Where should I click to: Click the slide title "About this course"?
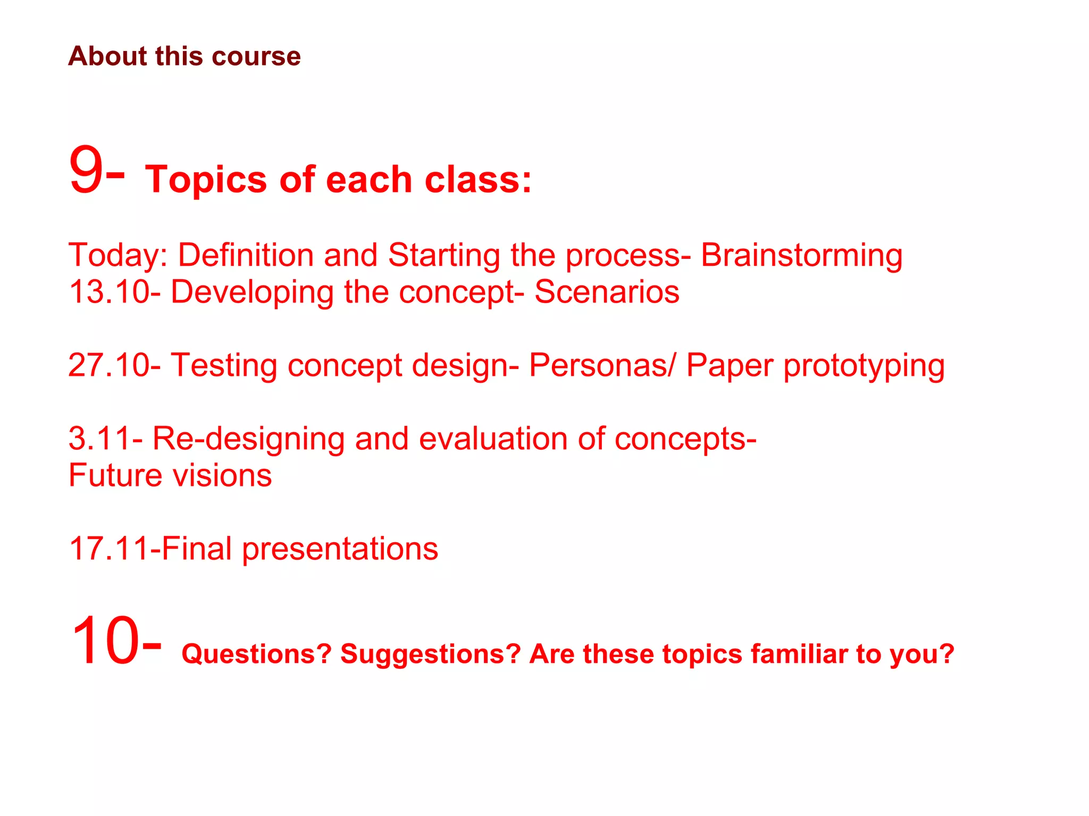coord(184,56)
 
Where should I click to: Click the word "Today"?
coord(114,255)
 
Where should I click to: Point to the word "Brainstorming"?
coord(801,255)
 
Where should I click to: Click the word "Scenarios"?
coord(607,292)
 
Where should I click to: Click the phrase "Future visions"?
coord(170,475)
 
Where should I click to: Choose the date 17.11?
coord(109,549)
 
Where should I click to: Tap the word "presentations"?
coord(340,550)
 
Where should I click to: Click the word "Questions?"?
coord(256,654)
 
